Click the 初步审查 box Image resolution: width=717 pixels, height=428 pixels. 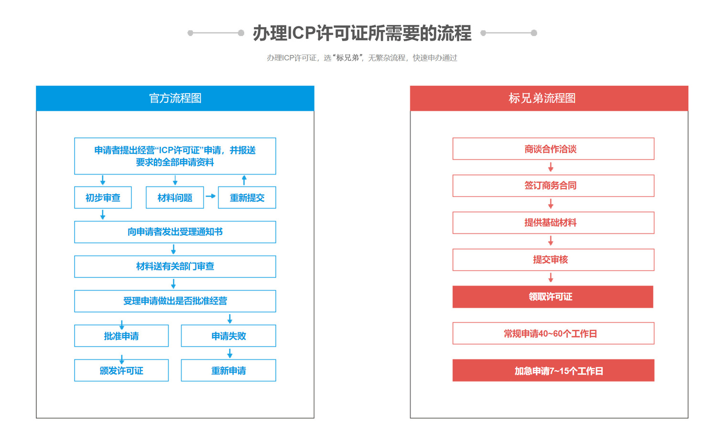tap(103, 198)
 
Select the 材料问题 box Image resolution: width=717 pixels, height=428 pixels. tap(175, 198)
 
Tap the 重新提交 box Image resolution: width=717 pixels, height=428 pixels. tap(247, 198)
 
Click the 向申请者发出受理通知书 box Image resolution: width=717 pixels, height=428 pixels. tap(175, 232)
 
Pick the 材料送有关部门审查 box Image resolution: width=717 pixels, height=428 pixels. tap(175, 267)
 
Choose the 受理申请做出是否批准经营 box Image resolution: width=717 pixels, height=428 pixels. tap(175, 301)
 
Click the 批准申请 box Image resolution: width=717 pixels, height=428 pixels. tap(121, 336)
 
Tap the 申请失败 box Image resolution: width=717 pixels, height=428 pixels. tap(228, 336)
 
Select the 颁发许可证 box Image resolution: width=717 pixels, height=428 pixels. tap(121, 371)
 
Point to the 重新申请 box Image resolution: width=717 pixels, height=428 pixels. tap(228, 371)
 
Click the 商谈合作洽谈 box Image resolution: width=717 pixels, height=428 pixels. tap(554, 149)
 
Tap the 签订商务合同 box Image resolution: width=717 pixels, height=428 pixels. tap(554, 186)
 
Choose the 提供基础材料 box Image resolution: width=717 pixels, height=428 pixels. tap(554, 223)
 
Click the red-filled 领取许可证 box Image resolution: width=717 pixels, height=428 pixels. tap(553, 297)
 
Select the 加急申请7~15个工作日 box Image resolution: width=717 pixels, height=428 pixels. tap(554, 371)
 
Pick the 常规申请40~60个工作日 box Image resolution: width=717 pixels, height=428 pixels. tap(554, 333)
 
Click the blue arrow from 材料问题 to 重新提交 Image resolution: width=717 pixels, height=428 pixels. tap(211, 196)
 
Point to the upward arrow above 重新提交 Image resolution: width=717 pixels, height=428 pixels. tap(244, 180)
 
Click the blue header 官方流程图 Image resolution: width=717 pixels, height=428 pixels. tap(175, 99)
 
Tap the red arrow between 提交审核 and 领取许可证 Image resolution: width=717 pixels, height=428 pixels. tap(551, 277)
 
